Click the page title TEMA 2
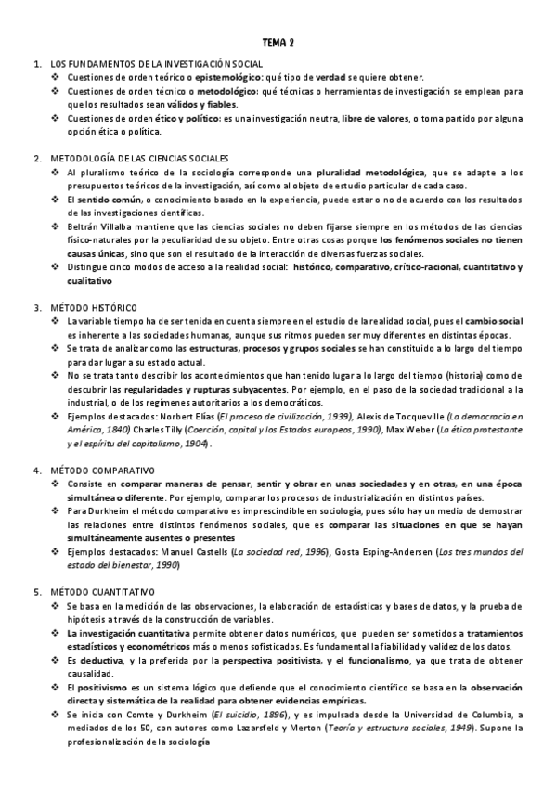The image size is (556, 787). click(x=278, y=42)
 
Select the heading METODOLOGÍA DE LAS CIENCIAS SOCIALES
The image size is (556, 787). click(x=139, y=159)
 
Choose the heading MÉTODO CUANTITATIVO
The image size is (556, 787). click(x=100, y=592)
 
